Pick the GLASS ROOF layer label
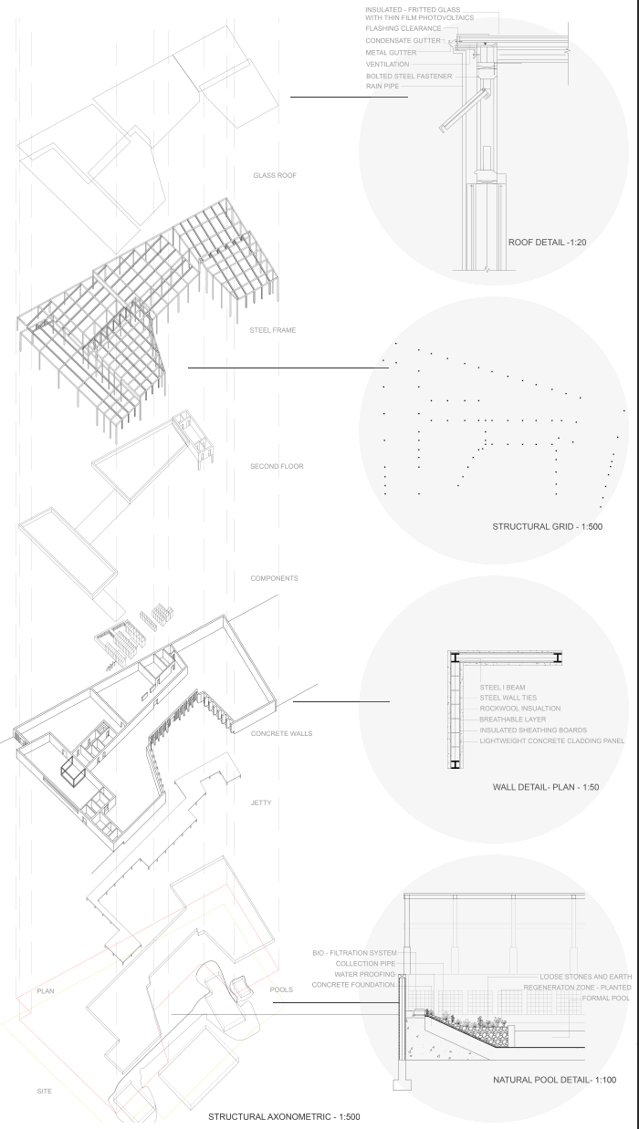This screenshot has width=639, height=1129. [276, 175]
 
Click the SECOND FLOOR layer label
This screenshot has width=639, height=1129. [277, 466]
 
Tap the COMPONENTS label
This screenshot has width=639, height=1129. [274, 578]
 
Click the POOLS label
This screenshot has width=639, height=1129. [282, 989]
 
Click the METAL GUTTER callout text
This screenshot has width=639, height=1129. [391, 53]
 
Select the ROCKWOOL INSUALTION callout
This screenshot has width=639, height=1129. [519, 708]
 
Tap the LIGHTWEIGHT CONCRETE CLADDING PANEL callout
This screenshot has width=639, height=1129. [551, 741]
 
